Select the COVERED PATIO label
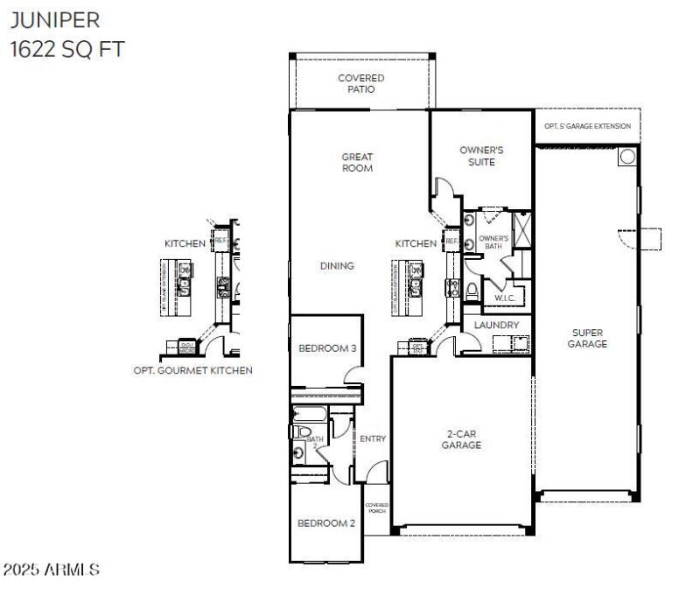(x=360, y=83)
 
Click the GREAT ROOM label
(x=357, y=163)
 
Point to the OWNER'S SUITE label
(x=481, y=156)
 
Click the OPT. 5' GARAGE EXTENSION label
(x=586, y=126)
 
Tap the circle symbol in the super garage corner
(x=627, y=157)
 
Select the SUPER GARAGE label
(x=587, y=338)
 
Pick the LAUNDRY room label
(x=496, y=325)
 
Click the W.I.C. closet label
(x=504, y=298)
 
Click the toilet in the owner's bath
(x=472, y=291)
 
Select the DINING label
(x=337, y=266)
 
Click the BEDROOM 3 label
(x=327, y=348)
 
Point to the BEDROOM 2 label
(x=325, y=523)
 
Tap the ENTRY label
(x=373, y=438)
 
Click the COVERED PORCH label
(x=376, y=508)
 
